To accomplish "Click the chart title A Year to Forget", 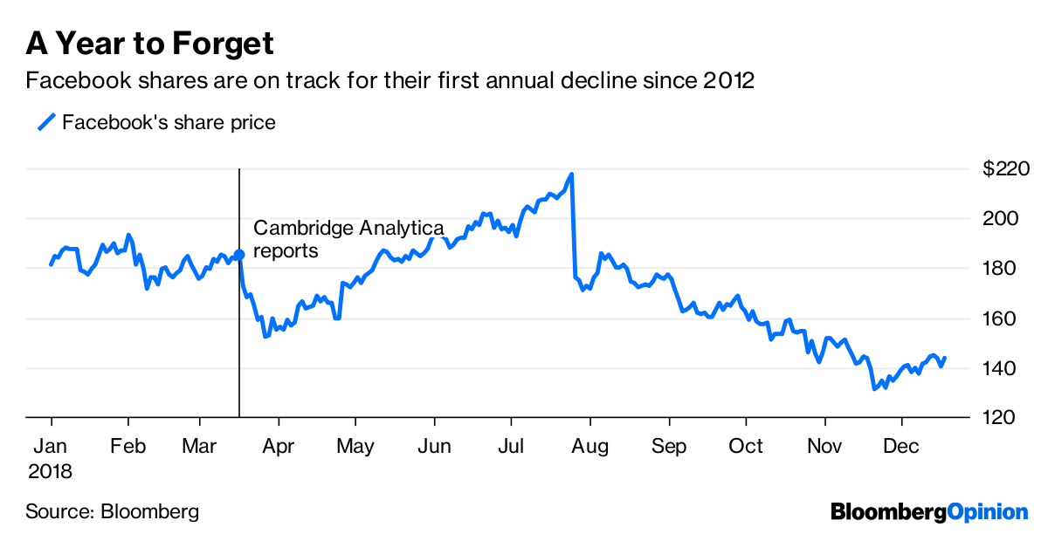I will coord(150,43).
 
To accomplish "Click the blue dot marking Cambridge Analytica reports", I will coord(239,254).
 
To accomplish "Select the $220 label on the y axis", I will coord(1006,168).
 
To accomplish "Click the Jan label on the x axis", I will coord(51,447).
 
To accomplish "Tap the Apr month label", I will coord(278,447).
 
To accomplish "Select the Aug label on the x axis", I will coord(590,447).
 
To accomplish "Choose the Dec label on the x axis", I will coord(902,447).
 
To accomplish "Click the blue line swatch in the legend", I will coord(45,122).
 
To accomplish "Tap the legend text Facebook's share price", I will coord(169,122).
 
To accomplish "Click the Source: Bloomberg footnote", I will coord(112,511).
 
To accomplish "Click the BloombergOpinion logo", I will coord(929,511).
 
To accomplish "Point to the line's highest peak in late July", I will coord(571,175).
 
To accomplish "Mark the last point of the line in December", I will coord(945,358).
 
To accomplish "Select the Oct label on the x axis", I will coord(746,447).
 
